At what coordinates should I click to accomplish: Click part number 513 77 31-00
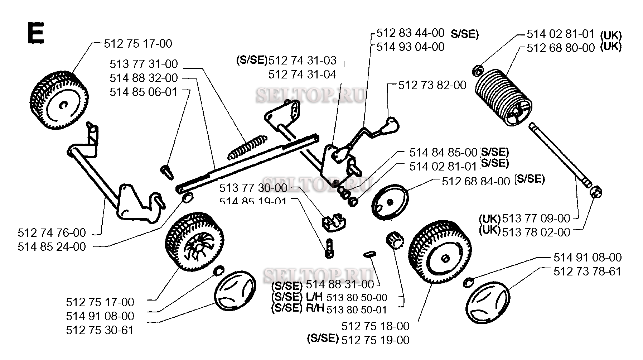(x=144, y=64)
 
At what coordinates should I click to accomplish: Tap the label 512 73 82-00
(x=432, y=85)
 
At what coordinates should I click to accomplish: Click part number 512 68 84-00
(x=476, y=181)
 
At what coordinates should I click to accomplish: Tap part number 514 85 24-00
(x=52, y=247)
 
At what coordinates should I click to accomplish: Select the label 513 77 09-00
(x=536, y=218)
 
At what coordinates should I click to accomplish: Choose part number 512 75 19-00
(x=375, y=340)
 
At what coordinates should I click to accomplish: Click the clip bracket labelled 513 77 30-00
(x=333, y=222)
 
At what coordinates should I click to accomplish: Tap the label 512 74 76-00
(x=52, y=233)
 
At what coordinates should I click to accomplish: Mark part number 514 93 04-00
(x=410, y=47)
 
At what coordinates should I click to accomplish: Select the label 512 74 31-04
(x=302, y=75)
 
